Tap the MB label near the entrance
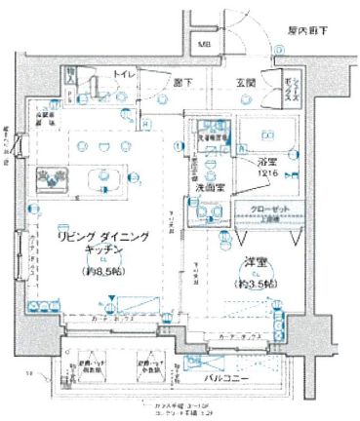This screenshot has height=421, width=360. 205,44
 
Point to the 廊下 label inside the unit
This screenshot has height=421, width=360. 182,83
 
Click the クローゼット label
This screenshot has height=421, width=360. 261,210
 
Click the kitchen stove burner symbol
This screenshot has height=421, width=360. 52,176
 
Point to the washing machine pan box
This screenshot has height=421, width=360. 210,134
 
